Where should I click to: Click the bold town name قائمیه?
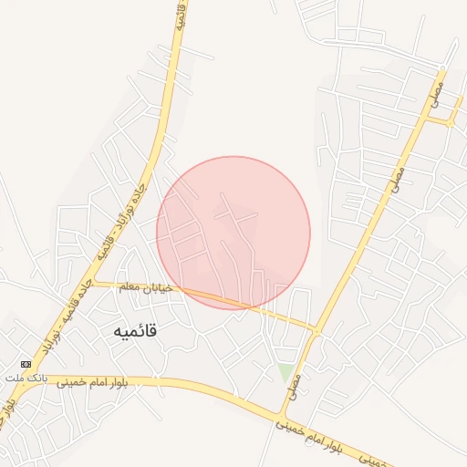[134, 331]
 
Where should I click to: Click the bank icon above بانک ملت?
[25, 364]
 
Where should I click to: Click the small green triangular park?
[286, 372]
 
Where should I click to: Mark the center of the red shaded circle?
[233, 233]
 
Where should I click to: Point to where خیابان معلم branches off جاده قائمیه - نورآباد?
[94, 282]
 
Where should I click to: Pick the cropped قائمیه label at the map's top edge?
[181, 15]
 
